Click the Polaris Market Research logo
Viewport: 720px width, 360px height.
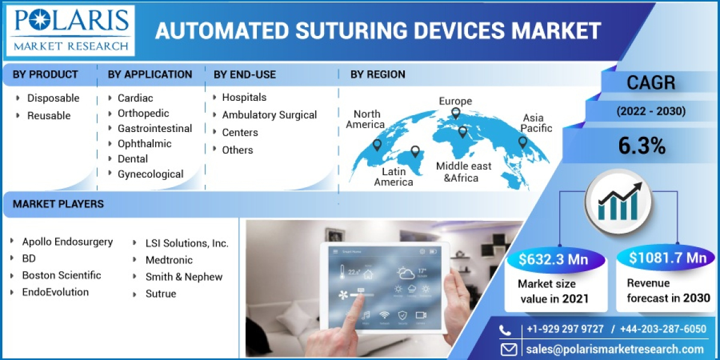tap(71, 29)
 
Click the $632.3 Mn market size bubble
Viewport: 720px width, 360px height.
tap(553, 259)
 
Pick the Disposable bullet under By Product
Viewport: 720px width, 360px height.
tap(53, 98)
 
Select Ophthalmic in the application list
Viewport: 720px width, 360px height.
tap(144, 143)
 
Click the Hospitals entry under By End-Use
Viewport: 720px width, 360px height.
tap(244, 97)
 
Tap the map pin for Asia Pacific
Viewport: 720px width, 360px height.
tap(523, 142)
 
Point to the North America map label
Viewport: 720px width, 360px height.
tap(367, 119)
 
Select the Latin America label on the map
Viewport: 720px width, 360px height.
tap(394, 176)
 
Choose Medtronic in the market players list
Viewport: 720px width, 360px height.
tap(169, 260)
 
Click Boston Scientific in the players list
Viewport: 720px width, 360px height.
tap(61, 275)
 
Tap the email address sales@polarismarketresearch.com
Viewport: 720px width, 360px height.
tap(615, 349)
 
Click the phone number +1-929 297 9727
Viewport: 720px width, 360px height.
tap(564, 329)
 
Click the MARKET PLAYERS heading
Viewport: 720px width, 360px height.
tap(58, 204)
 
